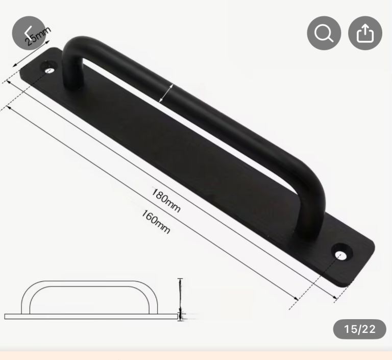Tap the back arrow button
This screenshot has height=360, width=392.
(x=29, y=33)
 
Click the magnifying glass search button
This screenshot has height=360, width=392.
(x=324, y=33)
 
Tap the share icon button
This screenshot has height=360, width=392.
(x=365, y=33)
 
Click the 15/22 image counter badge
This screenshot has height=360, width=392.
(x=359, y=329)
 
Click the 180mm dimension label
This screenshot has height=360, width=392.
(x=166, y=200)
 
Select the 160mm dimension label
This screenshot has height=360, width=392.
(x=155, y=221)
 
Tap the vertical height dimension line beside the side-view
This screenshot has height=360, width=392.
(x=180, y=296)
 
